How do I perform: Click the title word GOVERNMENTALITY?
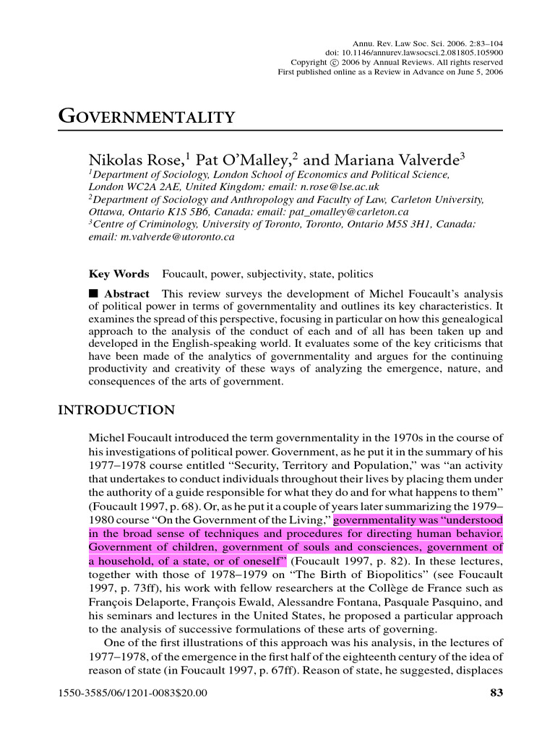pos(146,118)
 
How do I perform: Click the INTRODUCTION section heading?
pos(116,410)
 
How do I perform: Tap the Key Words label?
pos(119,275)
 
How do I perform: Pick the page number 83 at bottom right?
pos(496,694)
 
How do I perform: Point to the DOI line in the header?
pos(414,53)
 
